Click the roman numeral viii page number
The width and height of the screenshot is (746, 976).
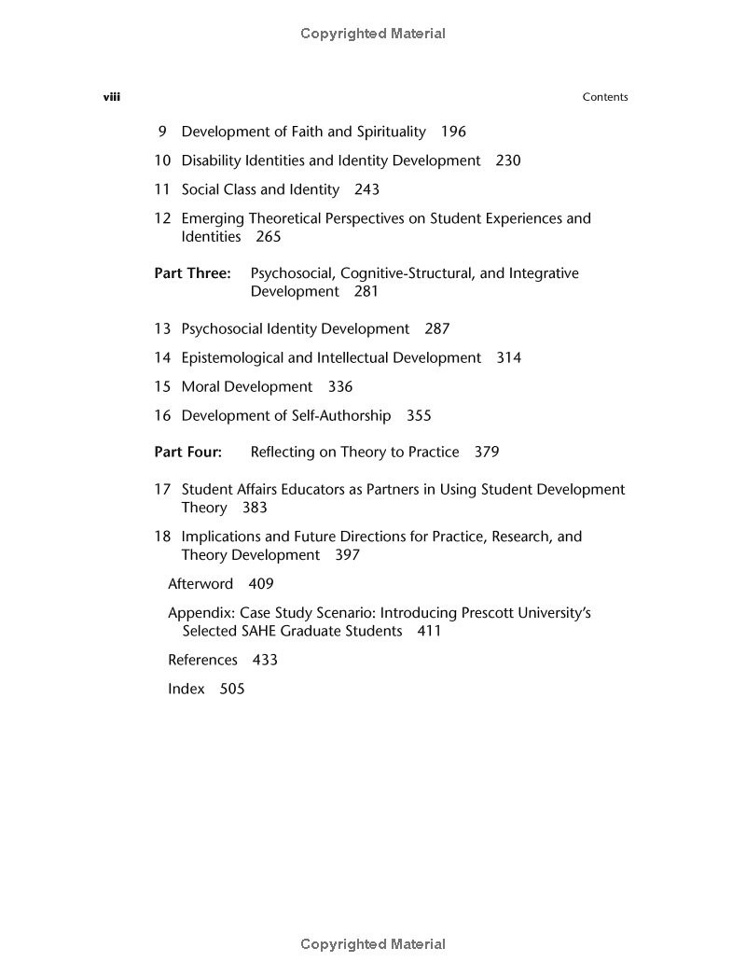pyautogui.click(x=111, y=97)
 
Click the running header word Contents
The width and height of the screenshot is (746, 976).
pyautogui.click(x=605, y=97)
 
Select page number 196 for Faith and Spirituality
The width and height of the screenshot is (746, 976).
pyautogui.click(x=453, y=132)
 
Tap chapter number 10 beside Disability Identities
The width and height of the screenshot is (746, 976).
pyautogui.click(x=162, y=160)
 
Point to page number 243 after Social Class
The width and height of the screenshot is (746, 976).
pyautogui.click(x=366, y=189)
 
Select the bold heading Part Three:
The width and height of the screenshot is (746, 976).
pyautogui.click(x=192, y=273)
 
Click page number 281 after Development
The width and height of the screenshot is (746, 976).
pyautogui.click(x=366, y=291)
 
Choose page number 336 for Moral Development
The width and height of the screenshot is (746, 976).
pyautogui.click(x=340, y=386)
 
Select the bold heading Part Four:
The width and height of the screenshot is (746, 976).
pyautogui.click(x=188, y=452)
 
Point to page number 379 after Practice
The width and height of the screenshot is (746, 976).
pyautogui.click(x=487, y=452)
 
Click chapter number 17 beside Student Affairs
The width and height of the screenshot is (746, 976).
pyautogui.click(x=162, y=489)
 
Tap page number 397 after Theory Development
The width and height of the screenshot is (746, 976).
pyautogui.click(x=347, y=555)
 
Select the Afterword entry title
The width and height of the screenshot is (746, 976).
pyautogui.click(x=200, y=584)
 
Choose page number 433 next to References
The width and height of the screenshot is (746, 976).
pyautogui.click(x=265, y=660)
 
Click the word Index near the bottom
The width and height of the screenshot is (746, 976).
pyautogui.click(x=186, y=689)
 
